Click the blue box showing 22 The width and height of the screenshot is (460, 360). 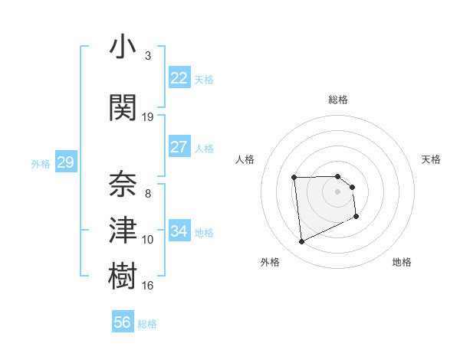pyautogui.click(x=179, y=78)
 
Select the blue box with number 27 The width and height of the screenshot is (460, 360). pyautogui.click(x=179, y=147)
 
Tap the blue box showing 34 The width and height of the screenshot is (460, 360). pyautogui.click(x=179, y=231)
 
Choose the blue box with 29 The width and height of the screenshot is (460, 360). pyautogui.click(x=65, y=162)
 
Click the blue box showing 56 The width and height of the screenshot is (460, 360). pyautogui.click(x=122, y=322)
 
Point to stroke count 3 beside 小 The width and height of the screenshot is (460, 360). pyautogui.click(x=147, y=56)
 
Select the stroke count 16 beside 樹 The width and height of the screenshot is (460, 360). pyautogui.click(x=148, y=285)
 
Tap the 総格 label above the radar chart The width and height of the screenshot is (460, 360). pyautogui.click(x=338, y=100)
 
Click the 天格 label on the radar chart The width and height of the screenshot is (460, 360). pyautogui.click(x=432, y=159)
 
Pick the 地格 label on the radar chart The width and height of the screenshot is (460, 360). pyautogui.click(x=402, y=262)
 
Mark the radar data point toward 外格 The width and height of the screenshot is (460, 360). pyautogui.click(x=301, y=242)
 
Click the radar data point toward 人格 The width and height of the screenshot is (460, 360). pyautogui.click(x=294, y=178)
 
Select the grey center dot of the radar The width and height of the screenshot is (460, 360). pyautogui.click(x=338, y=191)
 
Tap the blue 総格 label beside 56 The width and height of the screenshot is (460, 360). pyautogui.click(x=147, y=324)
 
